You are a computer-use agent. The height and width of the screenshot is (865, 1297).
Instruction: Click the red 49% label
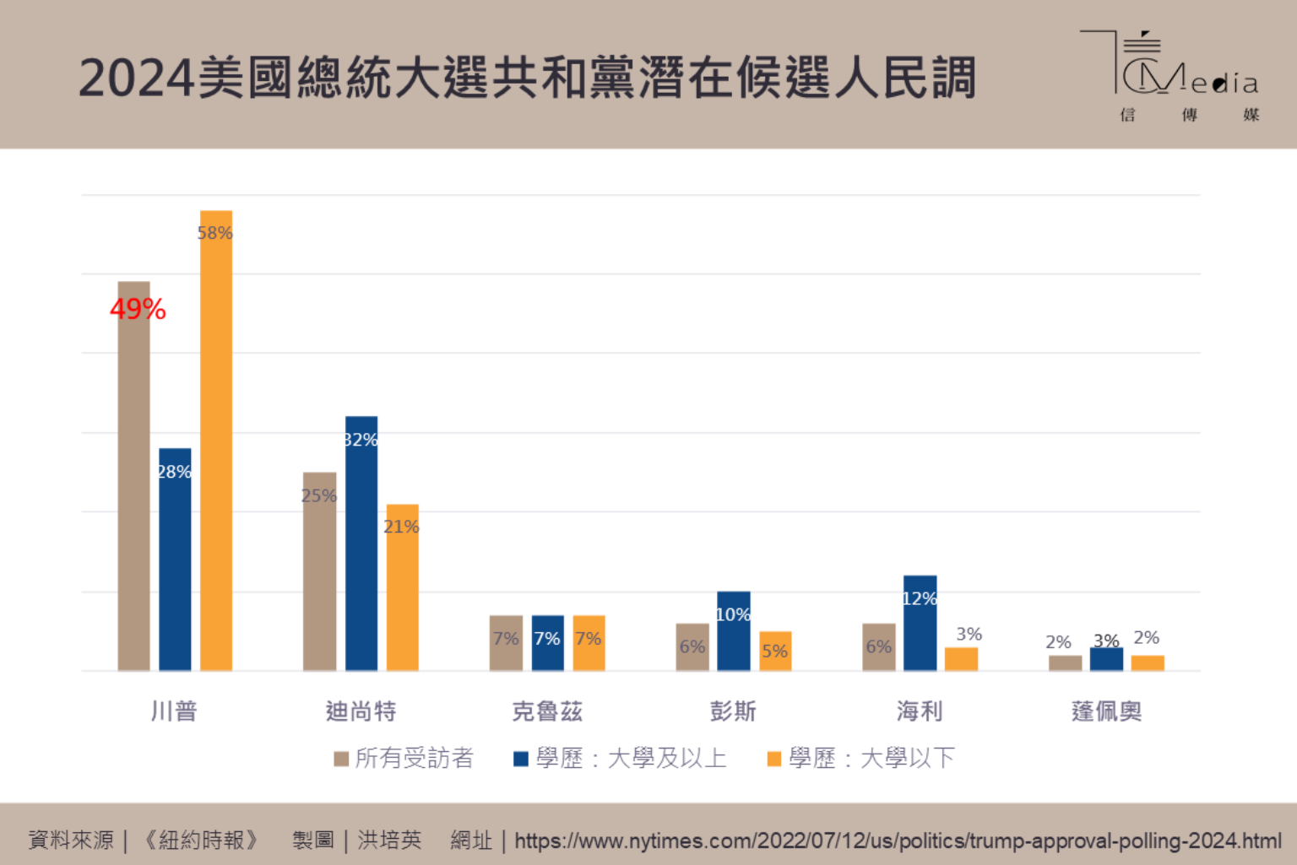click(138, 309)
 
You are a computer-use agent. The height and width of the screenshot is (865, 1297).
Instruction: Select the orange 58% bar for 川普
click(216, 439)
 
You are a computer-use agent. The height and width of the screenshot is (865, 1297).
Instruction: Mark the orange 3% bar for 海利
click(961, 659)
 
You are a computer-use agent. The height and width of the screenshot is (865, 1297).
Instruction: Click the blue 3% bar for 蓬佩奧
click(1106, 659)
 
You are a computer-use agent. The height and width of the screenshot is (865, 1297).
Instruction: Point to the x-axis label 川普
click(174, 711)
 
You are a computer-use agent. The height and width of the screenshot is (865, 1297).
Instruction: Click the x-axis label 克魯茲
click(547, 711)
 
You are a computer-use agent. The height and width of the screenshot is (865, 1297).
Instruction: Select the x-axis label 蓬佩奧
click(1106, 711)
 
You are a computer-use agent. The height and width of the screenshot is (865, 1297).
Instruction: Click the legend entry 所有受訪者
click(404, 758)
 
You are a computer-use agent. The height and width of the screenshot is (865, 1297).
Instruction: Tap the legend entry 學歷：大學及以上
click(621, 758)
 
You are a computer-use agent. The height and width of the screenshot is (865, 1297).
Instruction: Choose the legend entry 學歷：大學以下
click(861, 758)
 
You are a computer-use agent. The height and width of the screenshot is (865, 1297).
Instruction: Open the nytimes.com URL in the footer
click(898, 841)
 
